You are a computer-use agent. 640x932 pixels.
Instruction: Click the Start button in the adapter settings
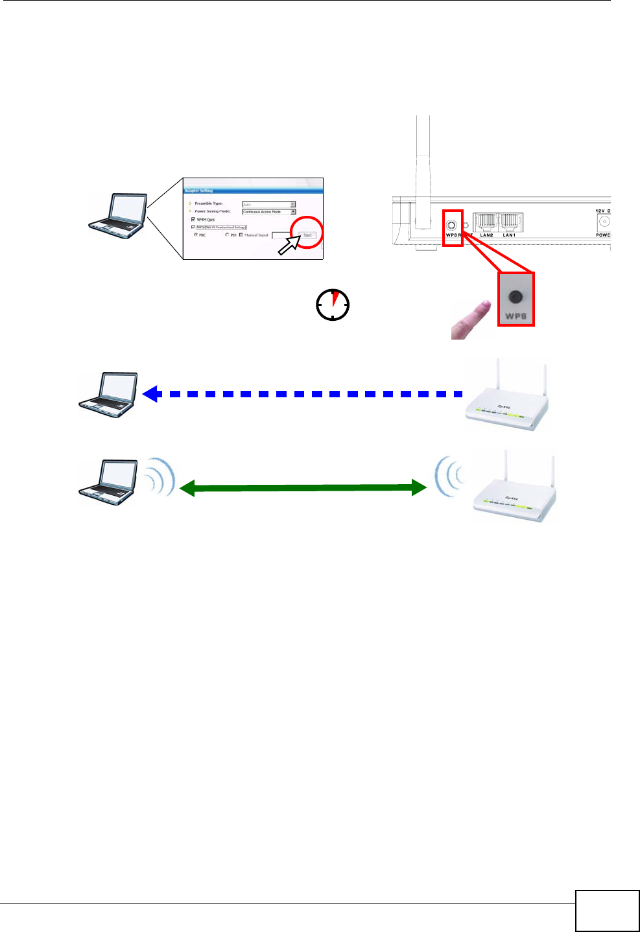coord(308,235)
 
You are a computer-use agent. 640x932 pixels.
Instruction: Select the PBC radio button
coord(196,235)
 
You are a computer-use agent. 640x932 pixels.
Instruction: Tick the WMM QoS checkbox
coord(193,220)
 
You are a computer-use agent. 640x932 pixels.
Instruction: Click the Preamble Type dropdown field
coord(268,204)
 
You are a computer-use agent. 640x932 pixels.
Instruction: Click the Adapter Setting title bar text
coord(199,191)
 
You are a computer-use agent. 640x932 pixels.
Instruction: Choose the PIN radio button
coord(227,235)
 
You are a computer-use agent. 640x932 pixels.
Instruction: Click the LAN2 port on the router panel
coord(486,223)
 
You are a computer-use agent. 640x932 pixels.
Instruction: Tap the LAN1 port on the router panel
coord(510,223)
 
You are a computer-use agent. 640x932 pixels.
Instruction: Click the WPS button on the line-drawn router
coord(451,226)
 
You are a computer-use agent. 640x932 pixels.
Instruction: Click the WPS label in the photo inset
coord(516,316)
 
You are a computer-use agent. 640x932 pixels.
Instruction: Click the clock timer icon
coord(333,305)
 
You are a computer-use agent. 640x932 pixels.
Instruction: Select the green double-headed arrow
coord(303,487)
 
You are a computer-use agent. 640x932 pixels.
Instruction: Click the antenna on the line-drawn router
coord(423,169)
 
